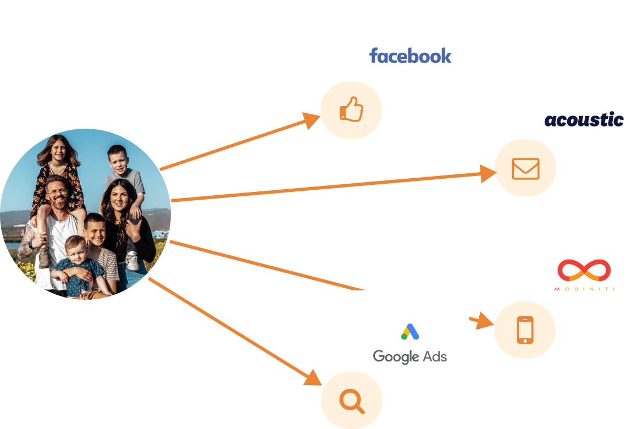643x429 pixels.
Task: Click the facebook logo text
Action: coord(410,56)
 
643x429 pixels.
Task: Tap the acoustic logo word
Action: coord(584,120)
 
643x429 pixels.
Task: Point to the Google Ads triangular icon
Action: coord(410,331)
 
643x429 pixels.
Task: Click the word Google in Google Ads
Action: coord(396,356)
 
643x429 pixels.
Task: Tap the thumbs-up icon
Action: coord(351,109)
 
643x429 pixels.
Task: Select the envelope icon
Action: coord(525,168)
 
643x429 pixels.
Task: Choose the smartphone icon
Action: coord(525,329)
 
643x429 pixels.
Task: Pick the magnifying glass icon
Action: coord(351,400)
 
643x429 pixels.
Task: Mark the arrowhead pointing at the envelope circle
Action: coord(488,174)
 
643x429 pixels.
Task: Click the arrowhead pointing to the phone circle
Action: coord(485,321)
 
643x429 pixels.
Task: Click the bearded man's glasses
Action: coord(57,192)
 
